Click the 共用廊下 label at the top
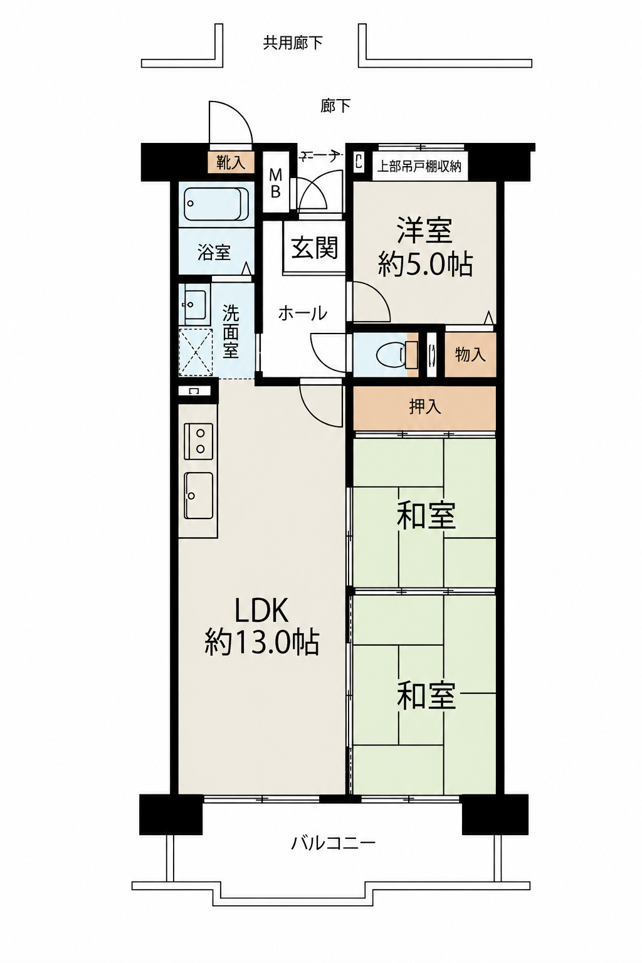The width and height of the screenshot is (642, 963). [x=292, y=43]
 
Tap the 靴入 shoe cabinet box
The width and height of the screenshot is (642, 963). [x=231, y=163]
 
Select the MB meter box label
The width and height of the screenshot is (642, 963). [x=276, y=183]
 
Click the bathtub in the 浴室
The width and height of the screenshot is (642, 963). [x=216, y=204]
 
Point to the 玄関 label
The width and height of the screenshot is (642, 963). [x=315, y=248]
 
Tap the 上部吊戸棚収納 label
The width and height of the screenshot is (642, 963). [x=419, y=166]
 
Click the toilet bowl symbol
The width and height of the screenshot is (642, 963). [x=391, y=355]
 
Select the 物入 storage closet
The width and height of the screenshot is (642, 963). [x=470, y=355]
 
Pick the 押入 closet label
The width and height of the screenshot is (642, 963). [x=425, y=407]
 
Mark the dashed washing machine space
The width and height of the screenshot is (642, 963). [x=196, y=352]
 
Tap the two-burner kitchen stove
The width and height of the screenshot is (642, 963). [x=199, y=441]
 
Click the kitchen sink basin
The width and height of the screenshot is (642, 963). [x=199, y=496]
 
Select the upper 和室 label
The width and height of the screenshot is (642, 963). [x=426, y=516]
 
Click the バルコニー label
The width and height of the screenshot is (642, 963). [x=334, y=843]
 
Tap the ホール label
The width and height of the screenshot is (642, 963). [x=302, y=314]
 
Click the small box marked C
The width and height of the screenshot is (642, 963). [x=358, y=162]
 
